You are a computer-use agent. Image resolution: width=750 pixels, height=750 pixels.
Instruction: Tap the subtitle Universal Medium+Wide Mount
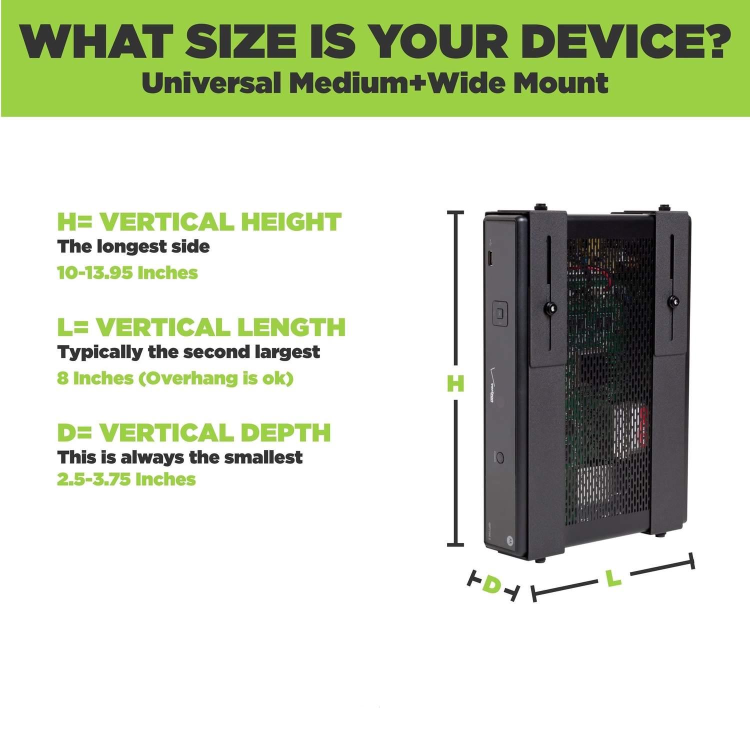pos(375,83)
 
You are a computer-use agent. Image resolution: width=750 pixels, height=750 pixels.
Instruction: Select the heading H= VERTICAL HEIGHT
pos(199,221)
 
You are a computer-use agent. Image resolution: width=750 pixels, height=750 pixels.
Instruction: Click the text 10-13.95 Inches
pos(127,273)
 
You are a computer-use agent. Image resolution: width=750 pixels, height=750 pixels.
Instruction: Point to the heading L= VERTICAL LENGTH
pos(201,327)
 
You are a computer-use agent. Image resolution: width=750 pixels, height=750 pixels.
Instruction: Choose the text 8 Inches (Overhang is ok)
pos(175,378)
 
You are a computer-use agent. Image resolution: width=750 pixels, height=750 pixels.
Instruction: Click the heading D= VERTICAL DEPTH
pos(194,432)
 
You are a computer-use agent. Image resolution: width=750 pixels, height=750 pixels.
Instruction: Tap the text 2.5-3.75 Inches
pos(126,479)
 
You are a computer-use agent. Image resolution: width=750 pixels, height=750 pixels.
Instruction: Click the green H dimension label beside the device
pos(455,383)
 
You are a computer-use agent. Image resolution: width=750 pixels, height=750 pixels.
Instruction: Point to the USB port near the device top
pos(490,260)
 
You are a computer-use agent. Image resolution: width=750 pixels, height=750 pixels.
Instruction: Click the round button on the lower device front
pos(498,457)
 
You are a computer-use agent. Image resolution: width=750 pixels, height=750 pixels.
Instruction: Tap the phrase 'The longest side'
pos(133,246)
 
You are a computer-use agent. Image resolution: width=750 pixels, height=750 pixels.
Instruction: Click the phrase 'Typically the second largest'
pos(188,352)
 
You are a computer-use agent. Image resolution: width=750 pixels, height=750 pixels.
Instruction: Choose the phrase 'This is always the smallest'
pos(180,457)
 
